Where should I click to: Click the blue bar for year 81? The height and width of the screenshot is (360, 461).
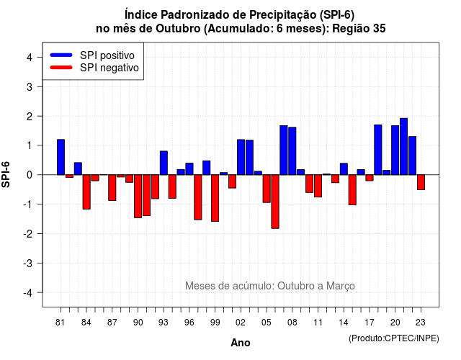(x=61, y=157)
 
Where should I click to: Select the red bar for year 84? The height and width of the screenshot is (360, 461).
(x=86, y=192)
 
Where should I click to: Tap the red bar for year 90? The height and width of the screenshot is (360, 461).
(x=138, y=196)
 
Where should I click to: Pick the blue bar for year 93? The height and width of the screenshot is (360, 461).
(x=164, y=163)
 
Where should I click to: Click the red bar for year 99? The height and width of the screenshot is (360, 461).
(x=215, y=198)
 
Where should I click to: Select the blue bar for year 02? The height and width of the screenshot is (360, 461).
(x=241, y=157)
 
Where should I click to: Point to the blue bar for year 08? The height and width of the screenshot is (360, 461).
(x=292, y=151)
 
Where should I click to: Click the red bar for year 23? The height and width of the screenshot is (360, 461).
(x=421, y=182)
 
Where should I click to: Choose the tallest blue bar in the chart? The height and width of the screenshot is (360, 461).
(x=404, y=146)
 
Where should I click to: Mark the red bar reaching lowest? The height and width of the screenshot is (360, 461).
(x=275, y=202)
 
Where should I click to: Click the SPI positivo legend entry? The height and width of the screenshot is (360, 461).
(x=92, y=55)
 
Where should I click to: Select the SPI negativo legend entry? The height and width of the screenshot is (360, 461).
(x=94, y=68)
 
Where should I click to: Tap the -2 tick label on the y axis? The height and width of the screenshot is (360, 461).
(x=28, y=234)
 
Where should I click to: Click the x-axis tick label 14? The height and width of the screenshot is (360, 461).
(x=344, y=323)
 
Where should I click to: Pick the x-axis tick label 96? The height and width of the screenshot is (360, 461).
(x=189, y=323)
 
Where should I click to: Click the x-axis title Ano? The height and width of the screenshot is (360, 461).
(x=241, y=343)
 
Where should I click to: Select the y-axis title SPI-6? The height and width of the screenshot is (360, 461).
(x=6, y=174)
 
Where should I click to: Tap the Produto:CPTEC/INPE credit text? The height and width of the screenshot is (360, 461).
(x=394, y=338)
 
